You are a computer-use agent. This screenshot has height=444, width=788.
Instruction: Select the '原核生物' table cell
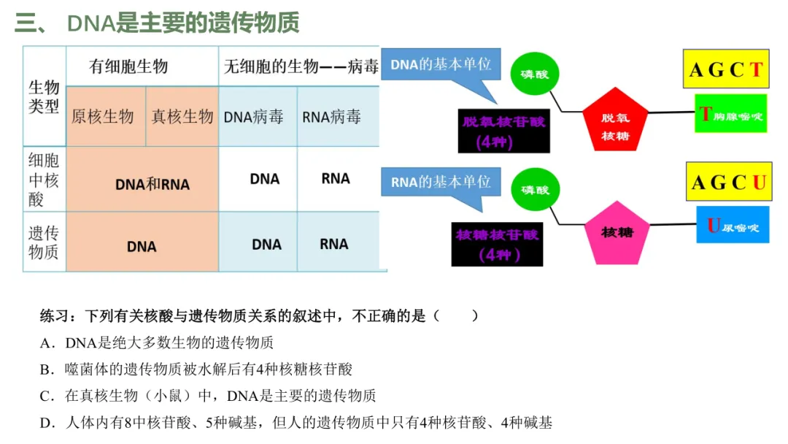click(103, 116)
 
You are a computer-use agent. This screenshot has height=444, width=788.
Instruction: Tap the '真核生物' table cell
click(182, 116)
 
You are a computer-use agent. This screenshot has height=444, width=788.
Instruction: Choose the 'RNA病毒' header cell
click(332, 117)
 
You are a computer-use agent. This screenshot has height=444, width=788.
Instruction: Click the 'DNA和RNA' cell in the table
click(152, 184)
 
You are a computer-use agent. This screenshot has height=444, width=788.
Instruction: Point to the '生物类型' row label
click(44, 97)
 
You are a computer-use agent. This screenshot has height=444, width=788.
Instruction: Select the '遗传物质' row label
click(44, 243)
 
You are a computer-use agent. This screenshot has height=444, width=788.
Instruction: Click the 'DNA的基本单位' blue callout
click(441, 65)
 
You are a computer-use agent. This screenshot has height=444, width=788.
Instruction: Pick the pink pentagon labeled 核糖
click(616, 233)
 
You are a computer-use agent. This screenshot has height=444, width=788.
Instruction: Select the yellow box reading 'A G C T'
click(726, 70)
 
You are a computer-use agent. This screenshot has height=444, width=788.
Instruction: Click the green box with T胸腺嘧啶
click(730, 115)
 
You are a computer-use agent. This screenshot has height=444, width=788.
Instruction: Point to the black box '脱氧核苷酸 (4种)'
click(503, 130)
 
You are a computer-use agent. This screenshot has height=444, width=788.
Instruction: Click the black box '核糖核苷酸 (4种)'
click(498, 244)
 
